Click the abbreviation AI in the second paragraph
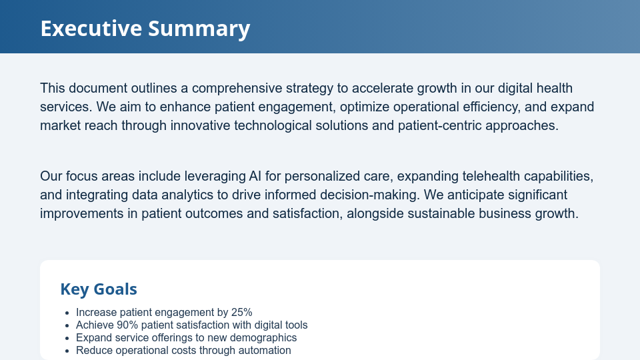click(x=255, y=177)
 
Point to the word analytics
click(x=179, y=195)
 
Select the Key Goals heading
click(x=99, y=289)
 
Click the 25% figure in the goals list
click(x=241, y=313)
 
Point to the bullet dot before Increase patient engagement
click(x=67, y=313)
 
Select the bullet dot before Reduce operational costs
click(x=67, y=351)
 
